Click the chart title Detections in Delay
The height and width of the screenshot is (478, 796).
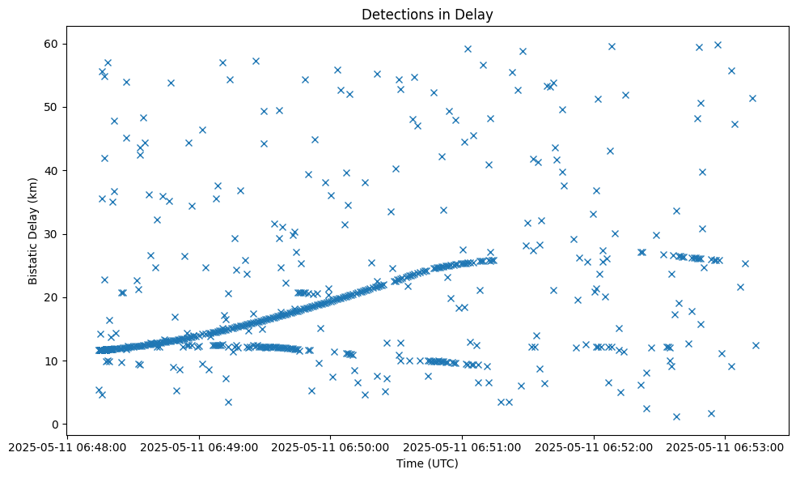coord(427,15)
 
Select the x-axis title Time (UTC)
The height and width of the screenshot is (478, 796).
coord(427,463)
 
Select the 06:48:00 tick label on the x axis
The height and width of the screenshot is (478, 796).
coord(67,446)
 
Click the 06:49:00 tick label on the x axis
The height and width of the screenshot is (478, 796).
coord(199,446)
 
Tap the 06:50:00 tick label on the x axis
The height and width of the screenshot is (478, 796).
coord(331,446)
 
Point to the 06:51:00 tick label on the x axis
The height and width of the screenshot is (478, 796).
coord(463,446)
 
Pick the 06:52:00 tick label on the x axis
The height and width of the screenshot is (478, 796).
coord(595,446)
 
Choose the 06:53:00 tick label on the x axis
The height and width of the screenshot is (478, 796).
coord(726,446)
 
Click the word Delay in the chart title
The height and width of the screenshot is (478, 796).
coord(476,15)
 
